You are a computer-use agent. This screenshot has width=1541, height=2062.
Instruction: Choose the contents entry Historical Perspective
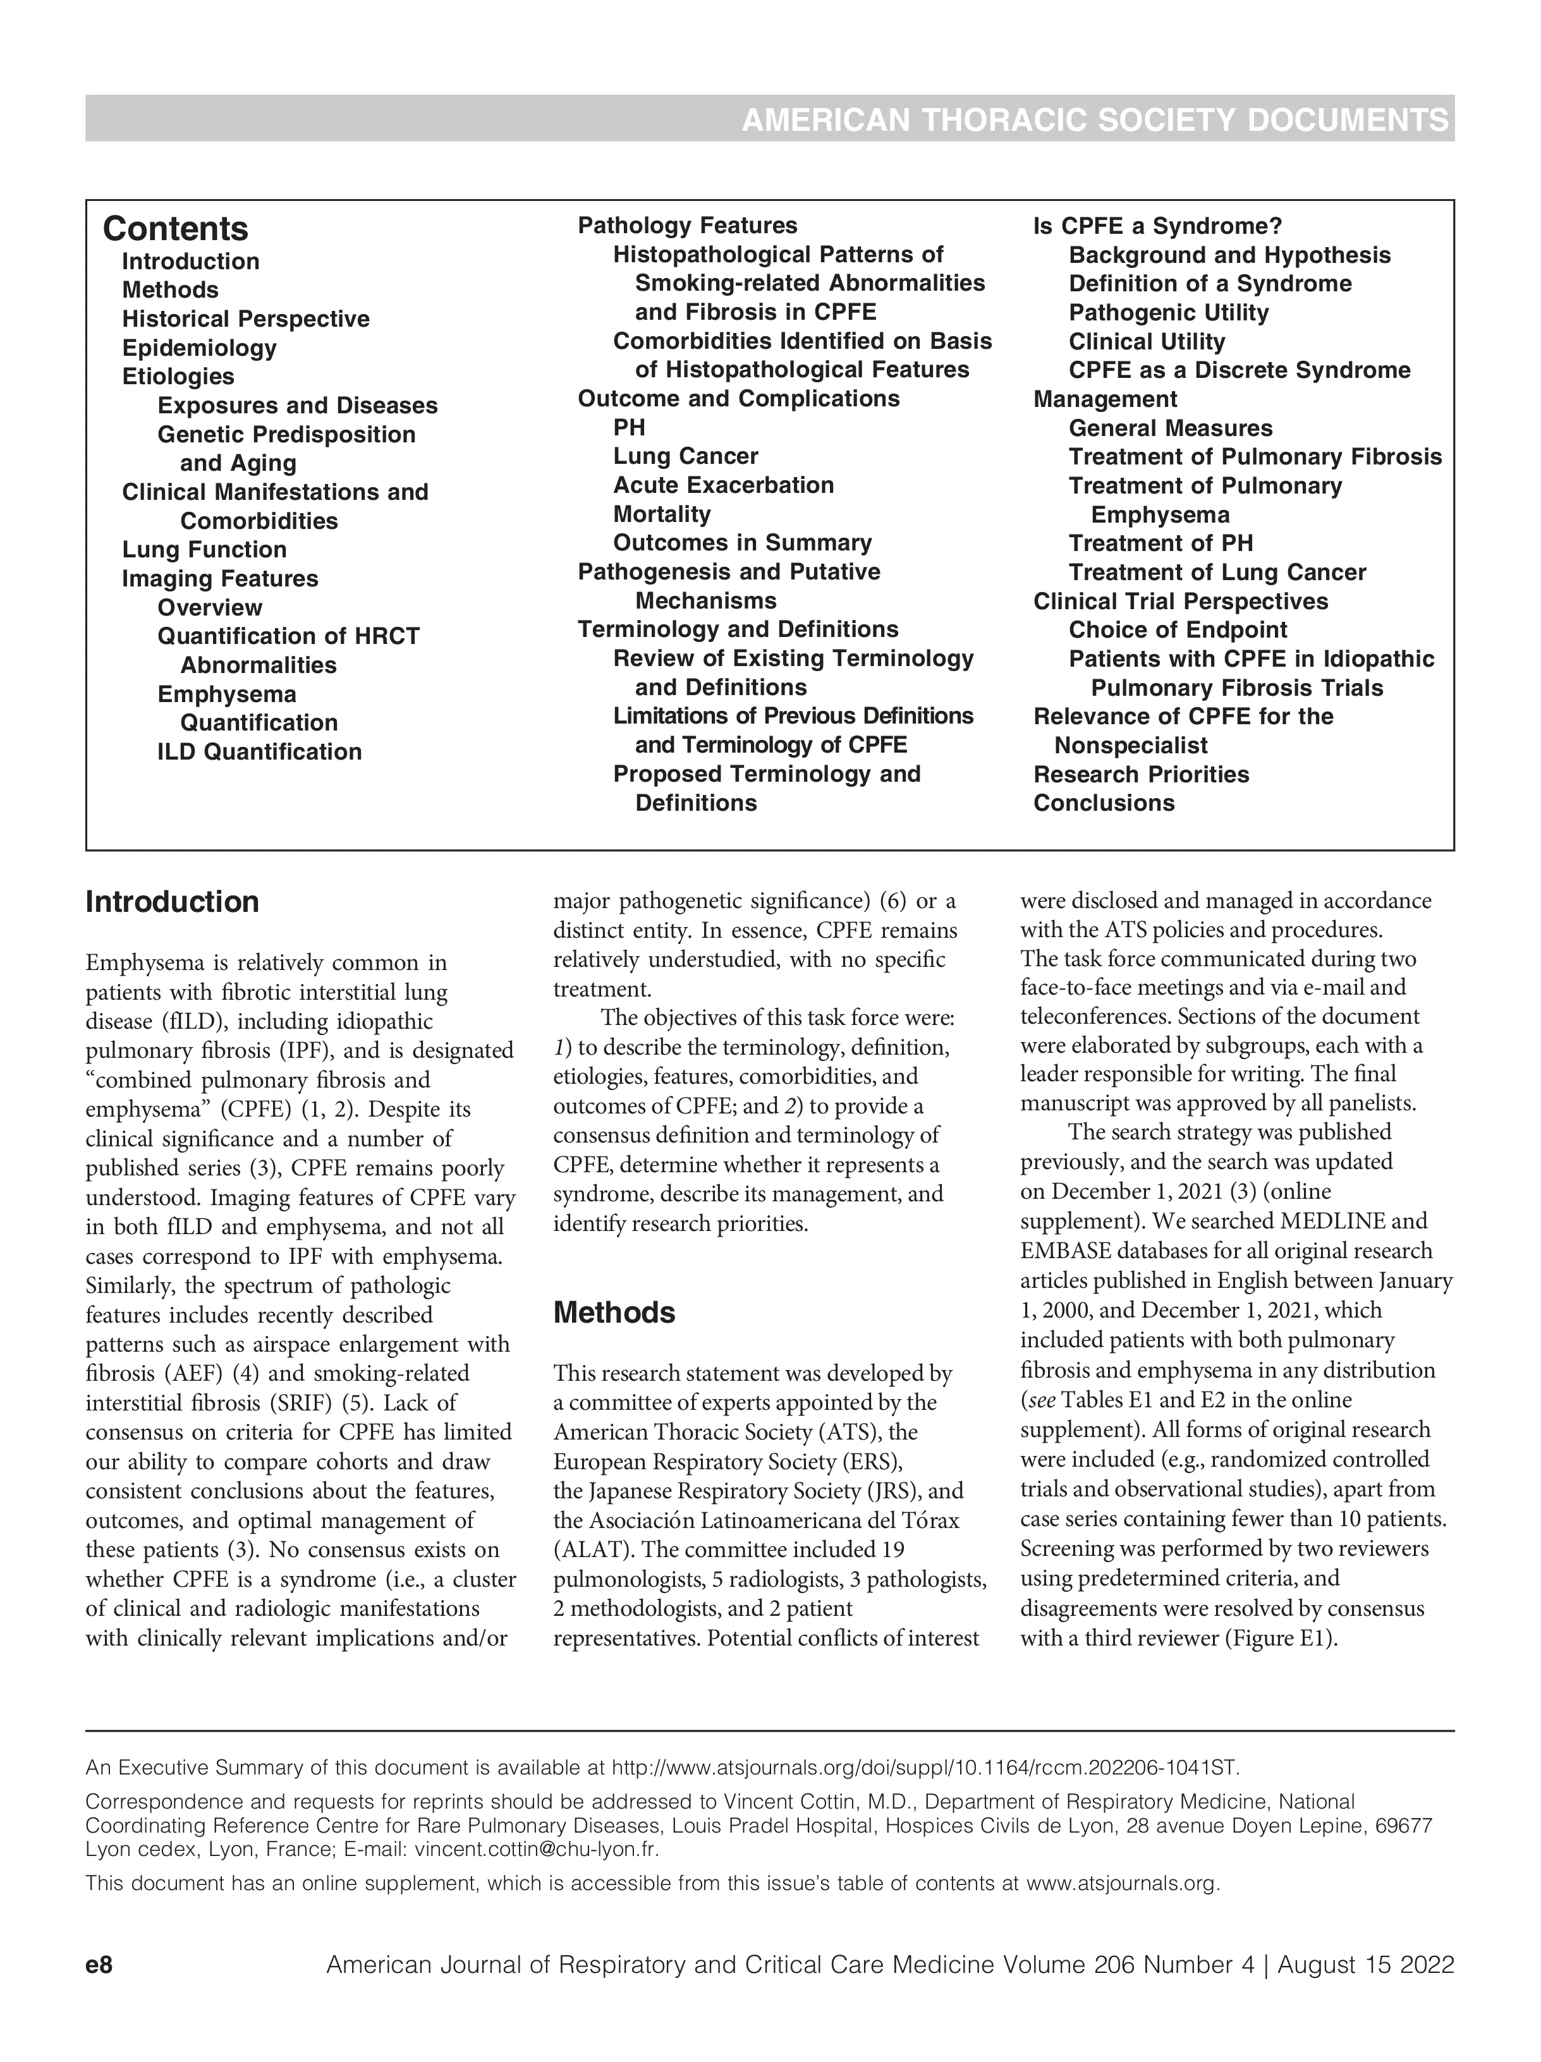tap(245, 318)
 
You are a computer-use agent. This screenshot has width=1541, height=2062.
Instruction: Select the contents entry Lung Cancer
tap(685, 456)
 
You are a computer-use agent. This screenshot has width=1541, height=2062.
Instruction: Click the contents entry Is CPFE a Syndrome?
tap(1157, 226)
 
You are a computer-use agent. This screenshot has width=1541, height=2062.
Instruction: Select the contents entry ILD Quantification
tap(259, 751)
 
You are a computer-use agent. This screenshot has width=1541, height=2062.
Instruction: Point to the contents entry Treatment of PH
tap(1160, 543)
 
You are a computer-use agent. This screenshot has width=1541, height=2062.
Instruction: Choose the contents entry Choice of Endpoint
tap(1178, 629)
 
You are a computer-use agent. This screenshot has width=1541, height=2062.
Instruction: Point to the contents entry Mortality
tap(661, 514)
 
